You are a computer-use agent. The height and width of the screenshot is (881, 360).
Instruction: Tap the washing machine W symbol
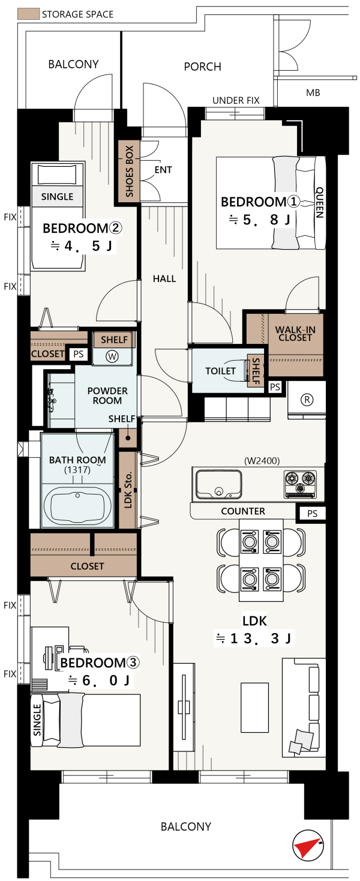[x=112, y=356]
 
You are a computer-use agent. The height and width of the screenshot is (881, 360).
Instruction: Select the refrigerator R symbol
[x=307, y=400]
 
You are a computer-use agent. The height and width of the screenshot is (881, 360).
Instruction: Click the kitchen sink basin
[x=219, y=484]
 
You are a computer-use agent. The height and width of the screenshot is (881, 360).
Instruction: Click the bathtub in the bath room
[x=77, y=506]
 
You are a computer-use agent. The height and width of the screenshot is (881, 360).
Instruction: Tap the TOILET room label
[x=220, y=371]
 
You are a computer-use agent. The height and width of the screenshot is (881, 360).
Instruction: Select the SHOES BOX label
[x=130, y=171]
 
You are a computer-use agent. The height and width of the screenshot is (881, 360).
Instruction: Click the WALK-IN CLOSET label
[x=295, y=334]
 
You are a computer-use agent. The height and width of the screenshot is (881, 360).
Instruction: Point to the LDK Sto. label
[x=128, y=490]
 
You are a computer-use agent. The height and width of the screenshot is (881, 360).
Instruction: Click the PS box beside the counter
[x=312, y=514]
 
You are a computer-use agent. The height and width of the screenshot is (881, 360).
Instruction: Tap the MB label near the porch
[x=313, y=93]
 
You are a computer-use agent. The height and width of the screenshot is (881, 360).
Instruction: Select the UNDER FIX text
[x=236, y=100]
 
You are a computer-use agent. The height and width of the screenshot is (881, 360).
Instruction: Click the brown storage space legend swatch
[x=29, y=14]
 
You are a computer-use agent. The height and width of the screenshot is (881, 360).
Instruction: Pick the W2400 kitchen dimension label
[x=262, y=460]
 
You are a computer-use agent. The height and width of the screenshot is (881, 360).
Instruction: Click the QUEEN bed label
[x=320, y=202]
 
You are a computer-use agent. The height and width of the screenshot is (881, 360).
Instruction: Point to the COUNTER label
[x=243, y=511]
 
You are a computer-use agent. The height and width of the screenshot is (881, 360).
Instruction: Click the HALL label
[x=164, y=278]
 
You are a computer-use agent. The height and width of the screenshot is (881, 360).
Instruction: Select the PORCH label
[x=202, y=67]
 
